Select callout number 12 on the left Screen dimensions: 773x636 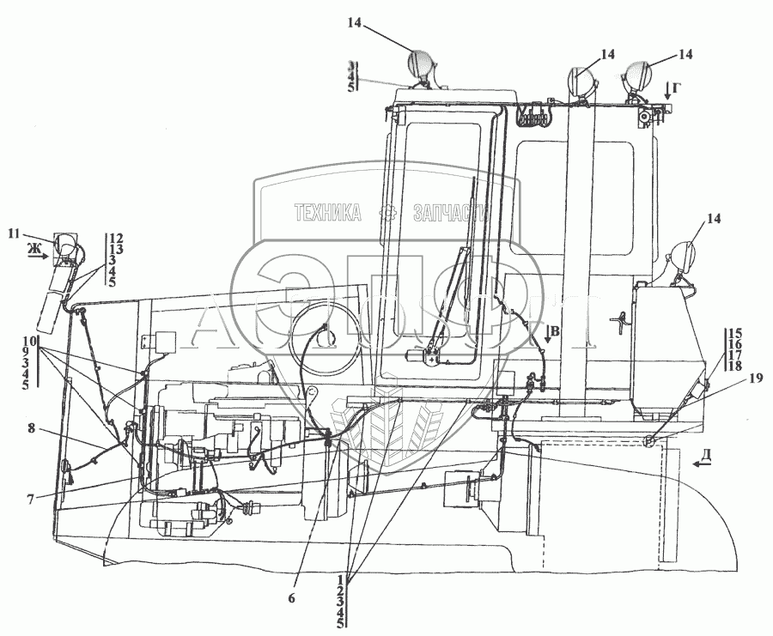tap(116, 238)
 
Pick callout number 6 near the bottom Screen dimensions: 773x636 tap(291, 598)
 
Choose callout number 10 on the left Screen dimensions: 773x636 tap(29, 342)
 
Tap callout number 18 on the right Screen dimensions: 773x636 tap(734, 366)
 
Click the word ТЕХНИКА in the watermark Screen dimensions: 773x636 tap(326, 214)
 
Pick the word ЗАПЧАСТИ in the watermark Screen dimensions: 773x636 tap(450, 214)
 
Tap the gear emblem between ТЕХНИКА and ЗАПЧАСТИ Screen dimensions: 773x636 tap(389, 214)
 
